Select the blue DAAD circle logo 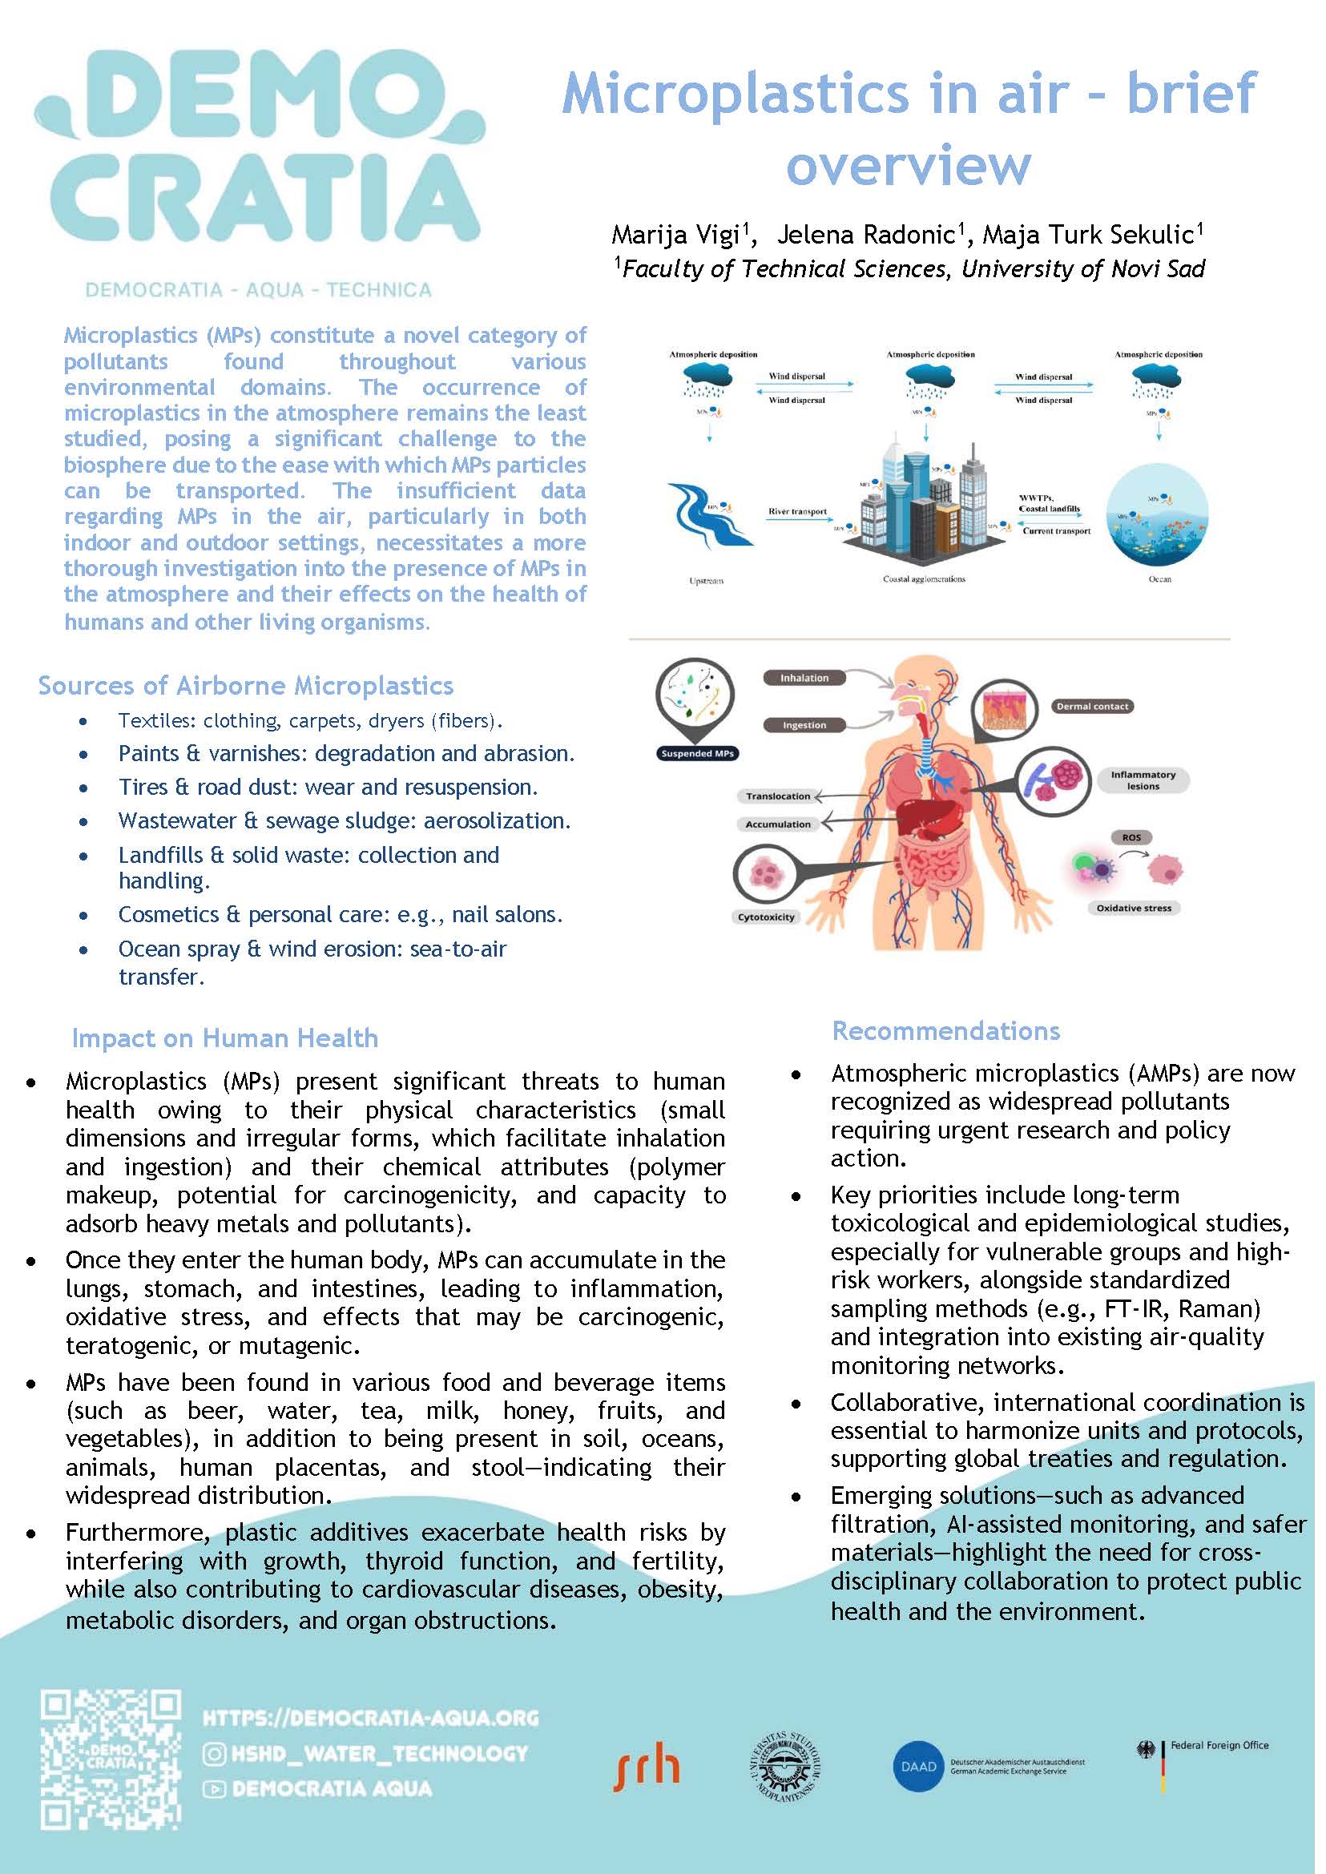pyautogui.click(x=917, y=1766)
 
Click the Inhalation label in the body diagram pyautogui.click(x=804, y=678)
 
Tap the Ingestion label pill pyautogui.click(x=804, y=725)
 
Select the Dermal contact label pyautogui.click(x=1092, y=707)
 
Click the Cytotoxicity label pyautogui.click(x=766, y=917)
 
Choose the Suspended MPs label pyautogui.click(x=697, y=754)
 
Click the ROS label pyautogui.click(x=1131, y=838)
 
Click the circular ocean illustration pyautogui.click(x=1157, y=515)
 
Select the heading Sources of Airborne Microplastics pyautogui.click(x=246, y=686)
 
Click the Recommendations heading pyautogui.click(x=945, y=1031)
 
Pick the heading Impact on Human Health pyautogui.click(x=224, y=1038)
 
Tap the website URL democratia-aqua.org pyautogui.click(x=370, y=1718)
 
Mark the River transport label pyautogui.click(x=797, y=512)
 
